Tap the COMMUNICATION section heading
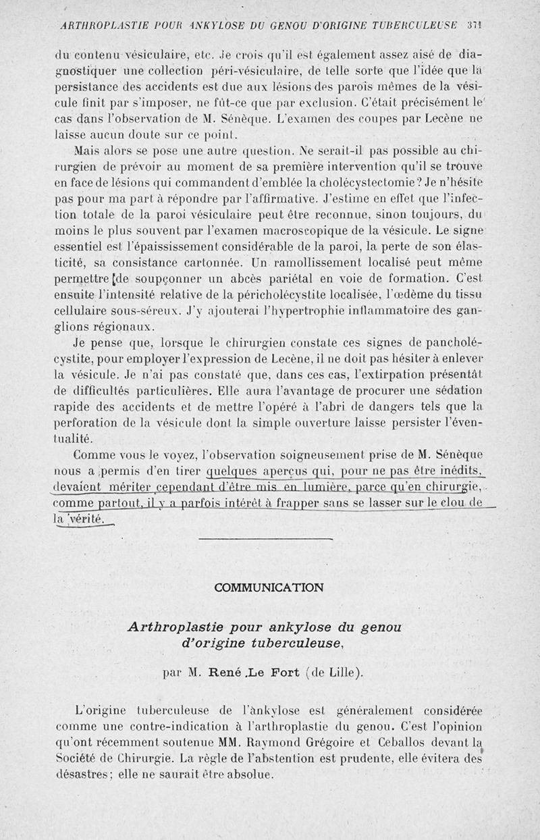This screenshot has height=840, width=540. pyautogui.click(x=269, y=587)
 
